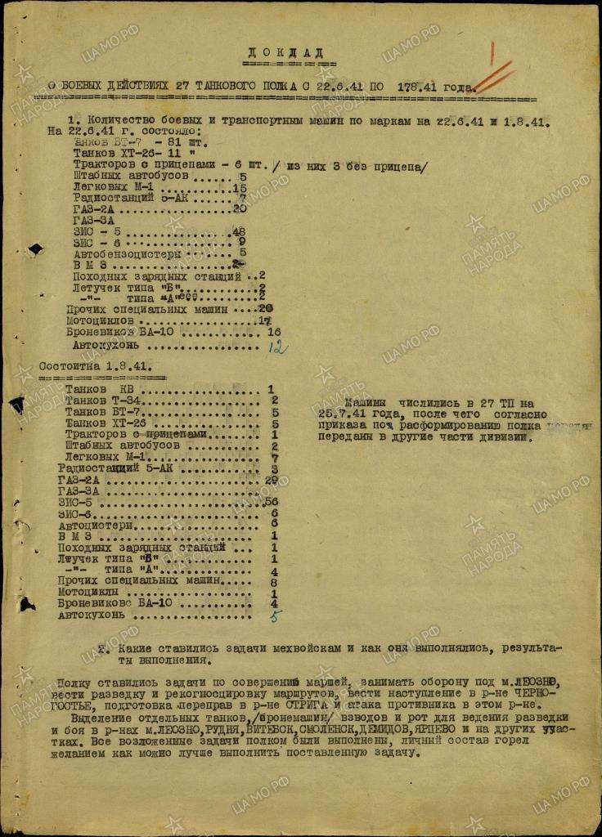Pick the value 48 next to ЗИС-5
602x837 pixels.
click(240, 231)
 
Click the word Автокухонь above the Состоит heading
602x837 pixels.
click(105, 345)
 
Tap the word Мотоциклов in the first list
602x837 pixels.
click(99, 322)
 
